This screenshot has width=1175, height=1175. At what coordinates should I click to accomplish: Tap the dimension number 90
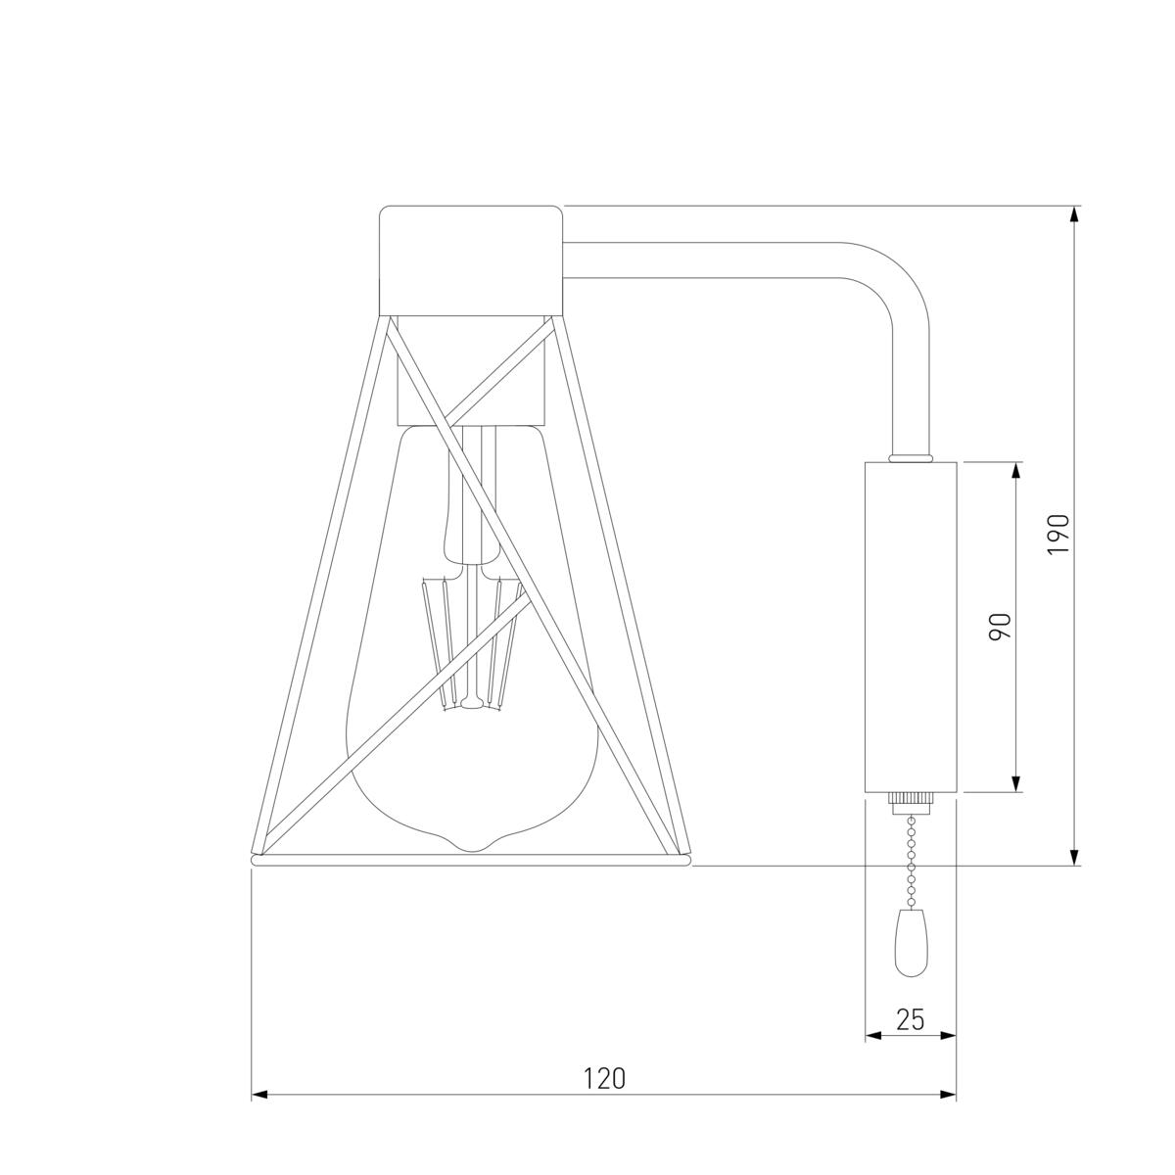1001,627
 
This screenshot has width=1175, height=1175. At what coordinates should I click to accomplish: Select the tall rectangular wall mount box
911,627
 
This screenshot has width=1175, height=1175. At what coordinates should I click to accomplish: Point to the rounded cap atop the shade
471,260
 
